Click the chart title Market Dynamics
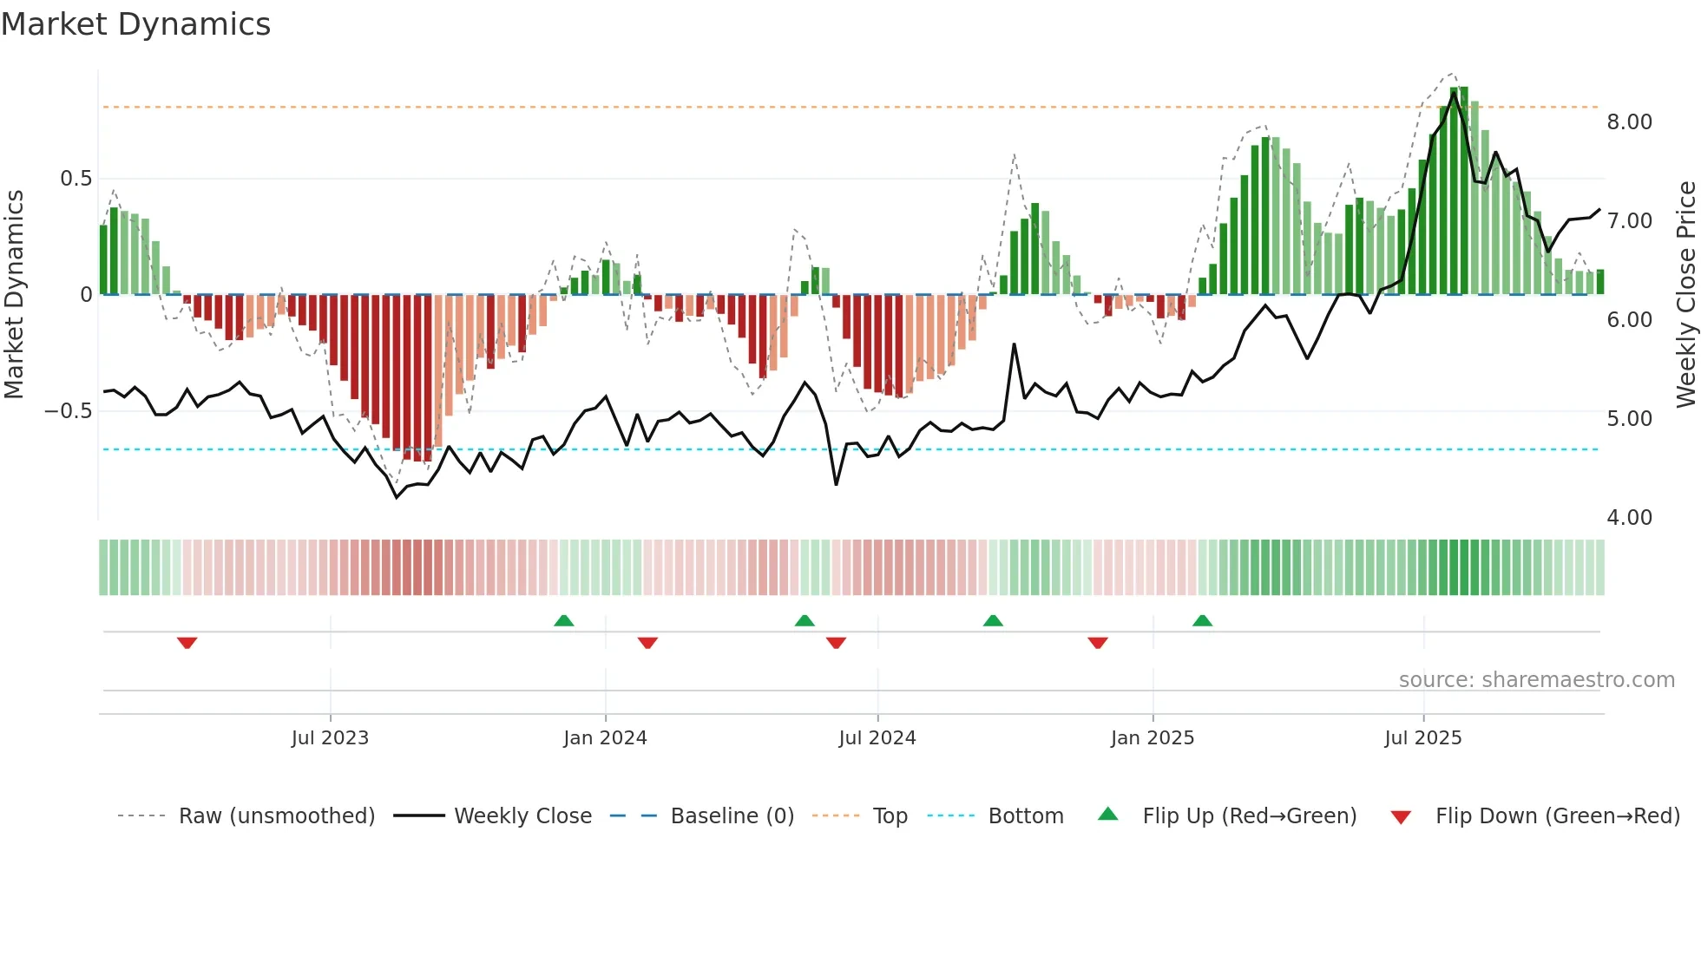pos(135,24)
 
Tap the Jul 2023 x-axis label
pos(330,738)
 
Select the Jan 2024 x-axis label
pos(605,738)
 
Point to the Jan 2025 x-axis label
pos(1153,738)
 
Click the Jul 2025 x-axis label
pos(1423,738)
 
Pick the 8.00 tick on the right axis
pos(1629,122)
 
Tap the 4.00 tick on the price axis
pos(1629,518)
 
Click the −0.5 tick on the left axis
pos(69,411)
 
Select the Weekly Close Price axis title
pos(1685,295)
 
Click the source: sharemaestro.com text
pos(1536,680)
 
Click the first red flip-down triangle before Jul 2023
pos(187,643)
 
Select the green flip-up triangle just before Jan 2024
pos(564,620)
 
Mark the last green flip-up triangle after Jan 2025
pos(1202,620)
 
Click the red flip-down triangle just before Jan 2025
pos(1098,643)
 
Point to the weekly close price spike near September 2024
pos(1014,345)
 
